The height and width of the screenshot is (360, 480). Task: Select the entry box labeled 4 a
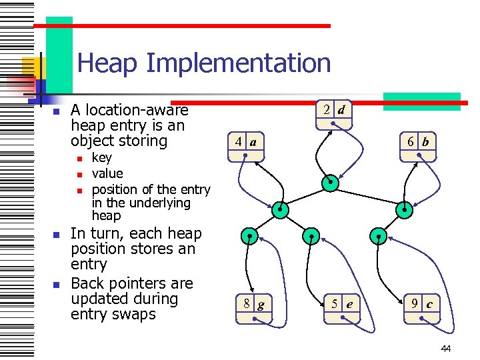pos(246,148)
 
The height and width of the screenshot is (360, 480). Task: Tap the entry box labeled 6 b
pos(417,148)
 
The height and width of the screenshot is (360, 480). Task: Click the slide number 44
pos(447,349)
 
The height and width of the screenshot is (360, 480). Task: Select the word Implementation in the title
pos(238,63)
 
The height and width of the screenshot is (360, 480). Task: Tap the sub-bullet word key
pos(101,158)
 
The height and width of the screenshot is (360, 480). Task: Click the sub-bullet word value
pos(107,173)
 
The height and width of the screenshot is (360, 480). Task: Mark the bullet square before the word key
pos(79,159)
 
